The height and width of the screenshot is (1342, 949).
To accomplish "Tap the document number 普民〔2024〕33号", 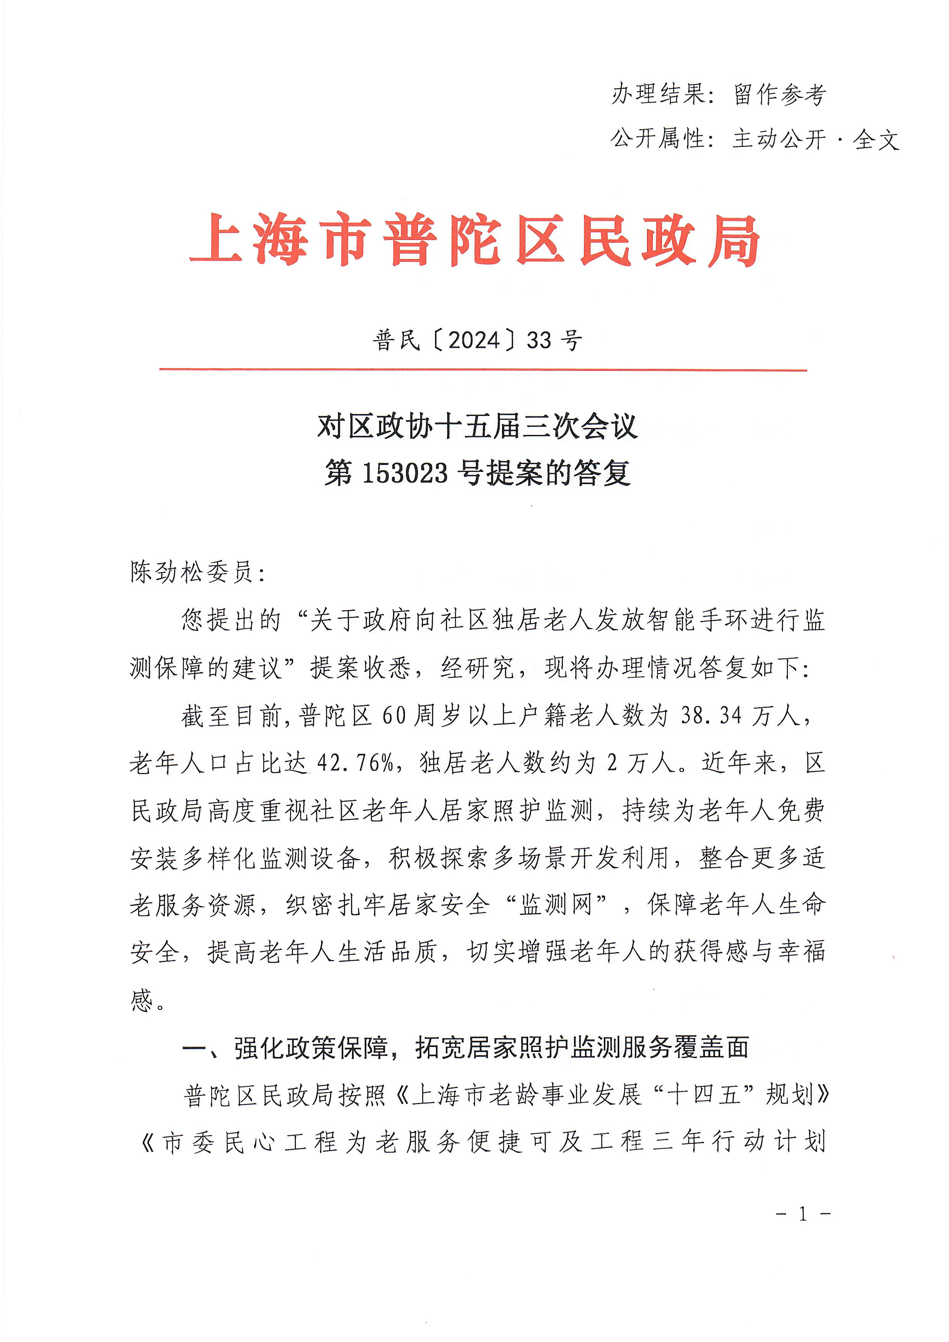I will tap(477, 340).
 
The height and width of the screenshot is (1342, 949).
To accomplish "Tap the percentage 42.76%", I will tap(355, 763).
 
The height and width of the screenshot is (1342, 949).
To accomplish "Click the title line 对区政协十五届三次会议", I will tap(477, 426).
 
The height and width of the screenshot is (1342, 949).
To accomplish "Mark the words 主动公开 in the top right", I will tap(779, 139).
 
